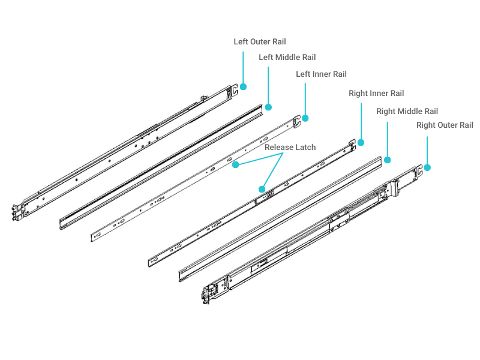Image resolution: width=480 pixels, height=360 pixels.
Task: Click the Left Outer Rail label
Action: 260,42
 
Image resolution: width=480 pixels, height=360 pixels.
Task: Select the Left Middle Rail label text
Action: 287,58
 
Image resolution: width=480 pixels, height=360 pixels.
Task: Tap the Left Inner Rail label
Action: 322,74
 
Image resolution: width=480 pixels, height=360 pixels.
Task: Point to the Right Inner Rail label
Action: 376,94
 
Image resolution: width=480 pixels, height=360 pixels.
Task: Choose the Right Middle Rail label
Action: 407,112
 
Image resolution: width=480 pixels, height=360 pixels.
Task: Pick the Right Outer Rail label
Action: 445,125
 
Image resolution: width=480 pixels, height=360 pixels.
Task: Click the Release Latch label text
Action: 290,147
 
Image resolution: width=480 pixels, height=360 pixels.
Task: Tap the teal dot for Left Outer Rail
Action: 244,86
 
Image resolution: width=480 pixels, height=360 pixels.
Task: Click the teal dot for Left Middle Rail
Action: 268,107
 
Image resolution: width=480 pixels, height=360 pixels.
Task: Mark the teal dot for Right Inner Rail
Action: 361,143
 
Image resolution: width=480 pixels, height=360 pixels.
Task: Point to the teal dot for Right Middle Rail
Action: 387,160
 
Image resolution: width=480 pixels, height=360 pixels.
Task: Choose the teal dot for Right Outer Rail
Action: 427,167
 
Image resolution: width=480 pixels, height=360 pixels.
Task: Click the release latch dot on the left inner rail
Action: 236,164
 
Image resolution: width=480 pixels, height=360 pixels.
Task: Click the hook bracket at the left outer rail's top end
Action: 233,89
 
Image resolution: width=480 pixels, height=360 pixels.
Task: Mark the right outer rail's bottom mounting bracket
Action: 209,293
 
